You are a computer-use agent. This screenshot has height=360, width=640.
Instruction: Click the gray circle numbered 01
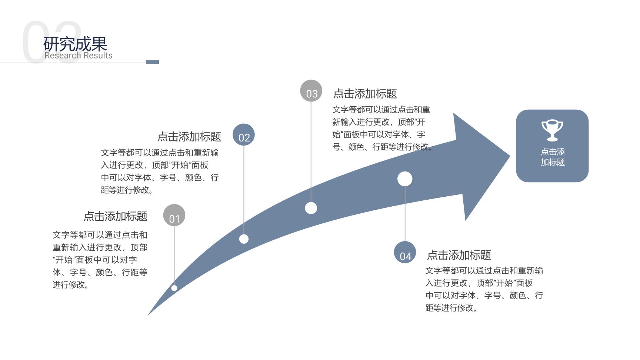pos(174,215)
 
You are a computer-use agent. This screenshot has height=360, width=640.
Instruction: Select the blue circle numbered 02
pos(244,135)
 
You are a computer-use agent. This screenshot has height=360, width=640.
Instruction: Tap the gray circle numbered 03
pos(311,91)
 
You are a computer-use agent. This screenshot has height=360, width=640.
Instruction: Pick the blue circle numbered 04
pos(405,252)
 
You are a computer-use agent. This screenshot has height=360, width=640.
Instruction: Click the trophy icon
pos(552,130)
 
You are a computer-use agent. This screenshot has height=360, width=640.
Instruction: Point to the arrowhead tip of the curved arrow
pos(510,156)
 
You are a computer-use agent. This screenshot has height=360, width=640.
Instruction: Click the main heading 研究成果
pos(75,44)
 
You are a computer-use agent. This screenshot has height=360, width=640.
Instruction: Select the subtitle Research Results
pos(79,56)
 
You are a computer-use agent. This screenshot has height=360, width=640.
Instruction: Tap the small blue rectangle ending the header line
pos(152,62)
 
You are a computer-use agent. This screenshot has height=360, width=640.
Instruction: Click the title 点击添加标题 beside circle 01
pos(116,216)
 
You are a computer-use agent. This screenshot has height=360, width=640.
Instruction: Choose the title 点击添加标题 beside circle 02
pos(189,137)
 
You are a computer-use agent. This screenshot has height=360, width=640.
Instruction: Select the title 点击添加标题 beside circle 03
pos(365,94)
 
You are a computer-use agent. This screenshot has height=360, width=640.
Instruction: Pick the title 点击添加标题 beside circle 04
pos(459,255)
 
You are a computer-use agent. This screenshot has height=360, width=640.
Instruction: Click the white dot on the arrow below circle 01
pos(174,288)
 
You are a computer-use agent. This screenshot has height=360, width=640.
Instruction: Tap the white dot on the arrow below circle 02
pos(244,239)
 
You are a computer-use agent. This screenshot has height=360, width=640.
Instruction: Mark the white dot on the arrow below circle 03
pos(311,208)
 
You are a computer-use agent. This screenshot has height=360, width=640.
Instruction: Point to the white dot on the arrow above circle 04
pos(405,179)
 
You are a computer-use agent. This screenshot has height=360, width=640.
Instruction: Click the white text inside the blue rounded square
pos(553,157)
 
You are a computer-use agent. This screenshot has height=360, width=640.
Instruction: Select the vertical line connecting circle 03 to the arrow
pos(311,152)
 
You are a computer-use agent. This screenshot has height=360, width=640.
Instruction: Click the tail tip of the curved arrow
pos(148,315)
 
